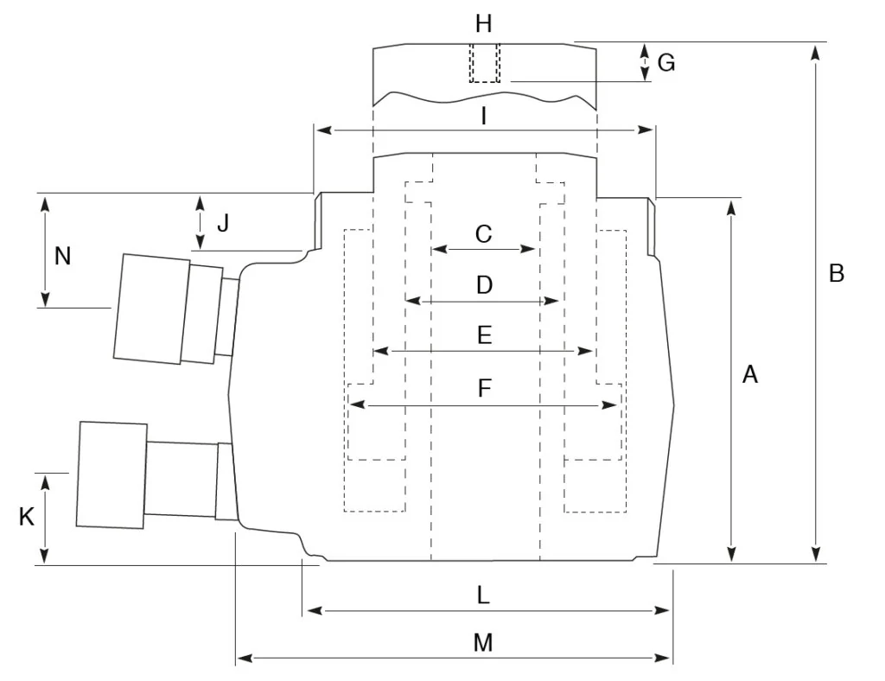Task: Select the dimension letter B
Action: coord(836,273)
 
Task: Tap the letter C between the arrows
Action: coord(484,233)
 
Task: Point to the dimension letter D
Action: coord(484,285)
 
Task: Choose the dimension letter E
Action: coord(484,336)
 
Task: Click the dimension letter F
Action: coord(484,389)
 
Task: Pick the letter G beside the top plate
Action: coord(665,62)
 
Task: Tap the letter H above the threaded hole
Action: coord(484,22)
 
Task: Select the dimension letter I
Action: coord(484,115)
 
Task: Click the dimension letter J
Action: coord(223,224)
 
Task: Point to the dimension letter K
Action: coord(27,517)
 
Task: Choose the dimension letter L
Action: coord(484,595)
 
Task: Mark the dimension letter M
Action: coord(483,643)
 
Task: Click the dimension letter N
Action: coord(63,256)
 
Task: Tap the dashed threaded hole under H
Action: coord(485,63)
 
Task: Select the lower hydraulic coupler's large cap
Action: coord(111,474)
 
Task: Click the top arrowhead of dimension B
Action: coord(814,51)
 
